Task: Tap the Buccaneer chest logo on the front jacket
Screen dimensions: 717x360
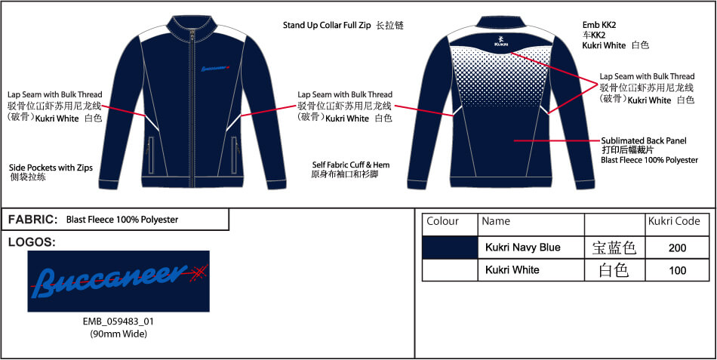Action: click(215, 69)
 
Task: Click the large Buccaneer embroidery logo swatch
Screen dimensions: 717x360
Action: click(118, 282)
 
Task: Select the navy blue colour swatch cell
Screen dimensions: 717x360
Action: click(450, 248)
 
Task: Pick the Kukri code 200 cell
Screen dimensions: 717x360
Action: click(677, 248)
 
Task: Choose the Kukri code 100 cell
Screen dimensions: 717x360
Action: click(677, 270)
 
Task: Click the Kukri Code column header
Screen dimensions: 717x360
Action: click(674, 221)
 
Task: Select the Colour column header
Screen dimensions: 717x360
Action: click(442, 221)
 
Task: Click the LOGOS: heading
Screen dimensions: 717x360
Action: click(32, 243)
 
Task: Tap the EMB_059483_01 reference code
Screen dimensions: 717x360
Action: click(118, 322)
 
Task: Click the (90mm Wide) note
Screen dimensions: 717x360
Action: click(118, 334)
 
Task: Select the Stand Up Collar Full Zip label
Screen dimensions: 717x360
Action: click(327, 25)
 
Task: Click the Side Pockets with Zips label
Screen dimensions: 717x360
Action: click(51, 168)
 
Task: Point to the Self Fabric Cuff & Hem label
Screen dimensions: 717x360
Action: click(351, 165)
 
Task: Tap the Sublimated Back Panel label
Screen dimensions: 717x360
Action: click(644, 141)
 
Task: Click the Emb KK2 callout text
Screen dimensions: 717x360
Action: click(599, 25)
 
